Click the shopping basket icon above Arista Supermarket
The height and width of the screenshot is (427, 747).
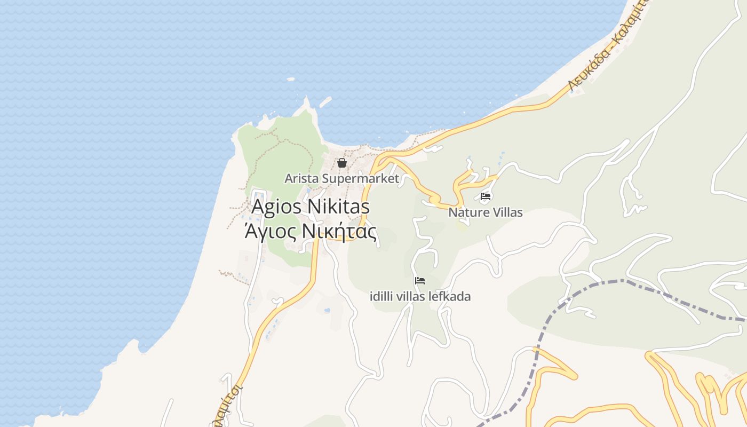342,163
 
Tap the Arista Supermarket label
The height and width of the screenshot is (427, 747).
341,178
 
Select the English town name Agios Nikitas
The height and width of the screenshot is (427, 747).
311,207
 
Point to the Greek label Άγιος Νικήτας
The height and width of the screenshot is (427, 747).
311,232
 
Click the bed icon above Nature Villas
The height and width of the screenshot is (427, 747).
486,196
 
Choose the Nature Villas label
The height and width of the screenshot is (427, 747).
486,212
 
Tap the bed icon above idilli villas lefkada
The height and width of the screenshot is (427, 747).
420,281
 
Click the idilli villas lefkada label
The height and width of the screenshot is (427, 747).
420,296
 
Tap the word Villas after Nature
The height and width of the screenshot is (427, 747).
505,212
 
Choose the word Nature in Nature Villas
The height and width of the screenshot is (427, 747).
466,212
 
